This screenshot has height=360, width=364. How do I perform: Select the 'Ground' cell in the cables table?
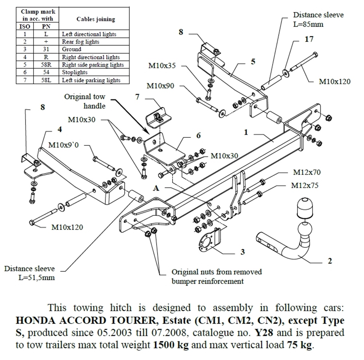[x=72, y=49]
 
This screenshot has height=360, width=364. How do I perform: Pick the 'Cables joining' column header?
[x=96, y=19]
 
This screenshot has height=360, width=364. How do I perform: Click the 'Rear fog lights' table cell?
[x=80, y=42]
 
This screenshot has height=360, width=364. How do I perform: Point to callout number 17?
[x=309, y=39]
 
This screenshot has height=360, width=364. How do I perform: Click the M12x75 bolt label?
[x=305, y=185]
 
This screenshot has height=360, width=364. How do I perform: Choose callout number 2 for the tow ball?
[x=329, y=261]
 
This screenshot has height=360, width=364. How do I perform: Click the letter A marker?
[x=156, y=188]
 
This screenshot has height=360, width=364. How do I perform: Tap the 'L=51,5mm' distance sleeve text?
[x=37, y=278]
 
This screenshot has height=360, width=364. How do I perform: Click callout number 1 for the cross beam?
[x=246, y=133]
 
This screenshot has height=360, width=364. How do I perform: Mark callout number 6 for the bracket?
[x=198, y=135]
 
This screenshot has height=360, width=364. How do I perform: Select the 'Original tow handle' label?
[x=84, y=101]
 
